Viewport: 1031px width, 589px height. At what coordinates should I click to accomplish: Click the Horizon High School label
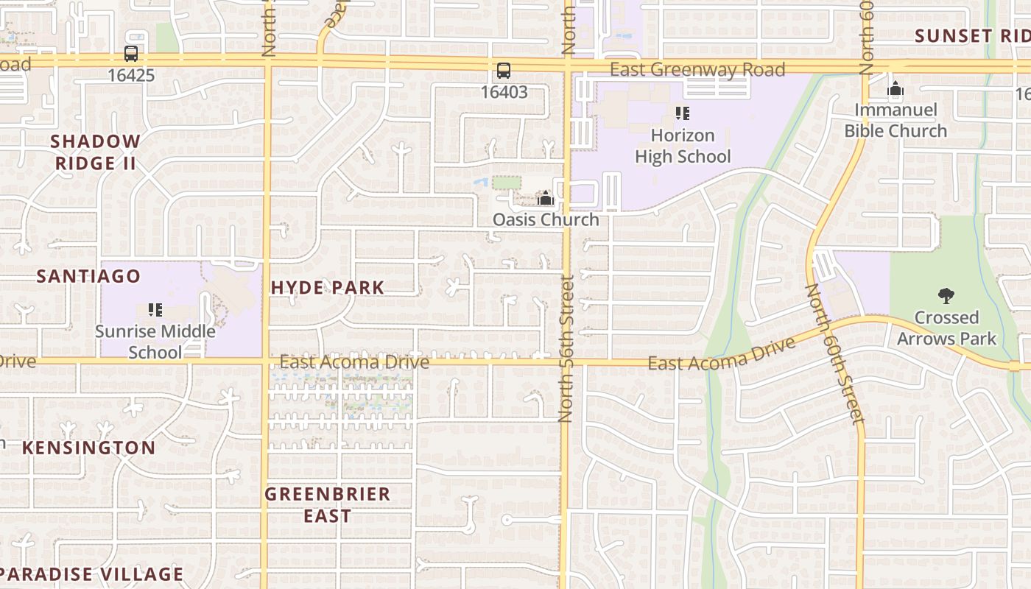(x=683, y=146)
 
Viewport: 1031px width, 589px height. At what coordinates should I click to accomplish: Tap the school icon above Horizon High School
(x=683, y=113)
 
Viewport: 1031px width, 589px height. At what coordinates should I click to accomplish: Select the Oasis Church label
(x=546, y=219)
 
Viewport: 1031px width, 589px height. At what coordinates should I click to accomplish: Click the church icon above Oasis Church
(x=546, y=198)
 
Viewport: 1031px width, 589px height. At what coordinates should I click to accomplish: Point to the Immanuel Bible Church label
(x=895, y=121)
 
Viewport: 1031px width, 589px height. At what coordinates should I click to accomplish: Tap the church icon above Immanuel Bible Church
(x=895, y=90)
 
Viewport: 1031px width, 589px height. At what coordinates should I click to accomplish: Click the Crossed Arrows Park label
(x=946, y=328)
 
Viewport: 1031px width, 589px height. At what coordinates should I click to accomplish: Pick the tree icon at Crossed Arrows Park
(x=946, y=296)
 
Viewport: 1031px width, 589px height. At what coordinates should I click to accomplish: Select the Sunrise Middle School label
(x=155, y=342)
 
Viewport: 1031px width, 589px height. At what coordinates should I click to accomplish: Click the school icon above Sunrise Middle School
(x=155, y=309)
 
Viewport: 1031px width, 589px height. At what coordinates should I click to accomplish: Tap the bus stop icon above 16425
(x=131, y=54)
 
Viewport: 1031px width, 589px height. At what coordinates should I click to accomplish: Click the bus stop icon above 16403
(x=504, y=71)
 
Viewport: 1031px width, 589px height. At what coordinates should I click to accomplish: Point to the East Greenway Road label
(x=697, y=70)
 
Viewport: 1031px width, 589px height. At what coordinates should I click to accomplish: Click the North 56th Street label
(x=566, y=348)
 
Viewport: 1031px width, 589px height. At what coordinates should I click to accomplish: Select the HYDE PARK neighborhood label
(x=328, y=288)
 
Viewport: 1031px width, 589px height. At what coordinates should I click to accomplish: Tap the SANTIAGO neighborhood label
(x=88, y=276)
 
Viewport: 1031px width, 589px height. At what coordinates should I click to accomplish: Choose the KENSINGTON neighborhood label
(x=88, y=448)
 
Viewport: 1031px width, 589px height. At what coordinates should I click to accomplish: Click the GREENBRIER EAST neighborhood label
(x=328, y=504)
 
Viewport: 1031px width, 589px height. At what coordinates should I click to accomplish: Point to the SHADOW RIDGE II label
(x=96, y=152)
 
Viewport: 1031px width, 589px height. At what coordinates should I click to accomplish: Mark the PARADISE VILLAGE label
(x=91, y=574)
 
